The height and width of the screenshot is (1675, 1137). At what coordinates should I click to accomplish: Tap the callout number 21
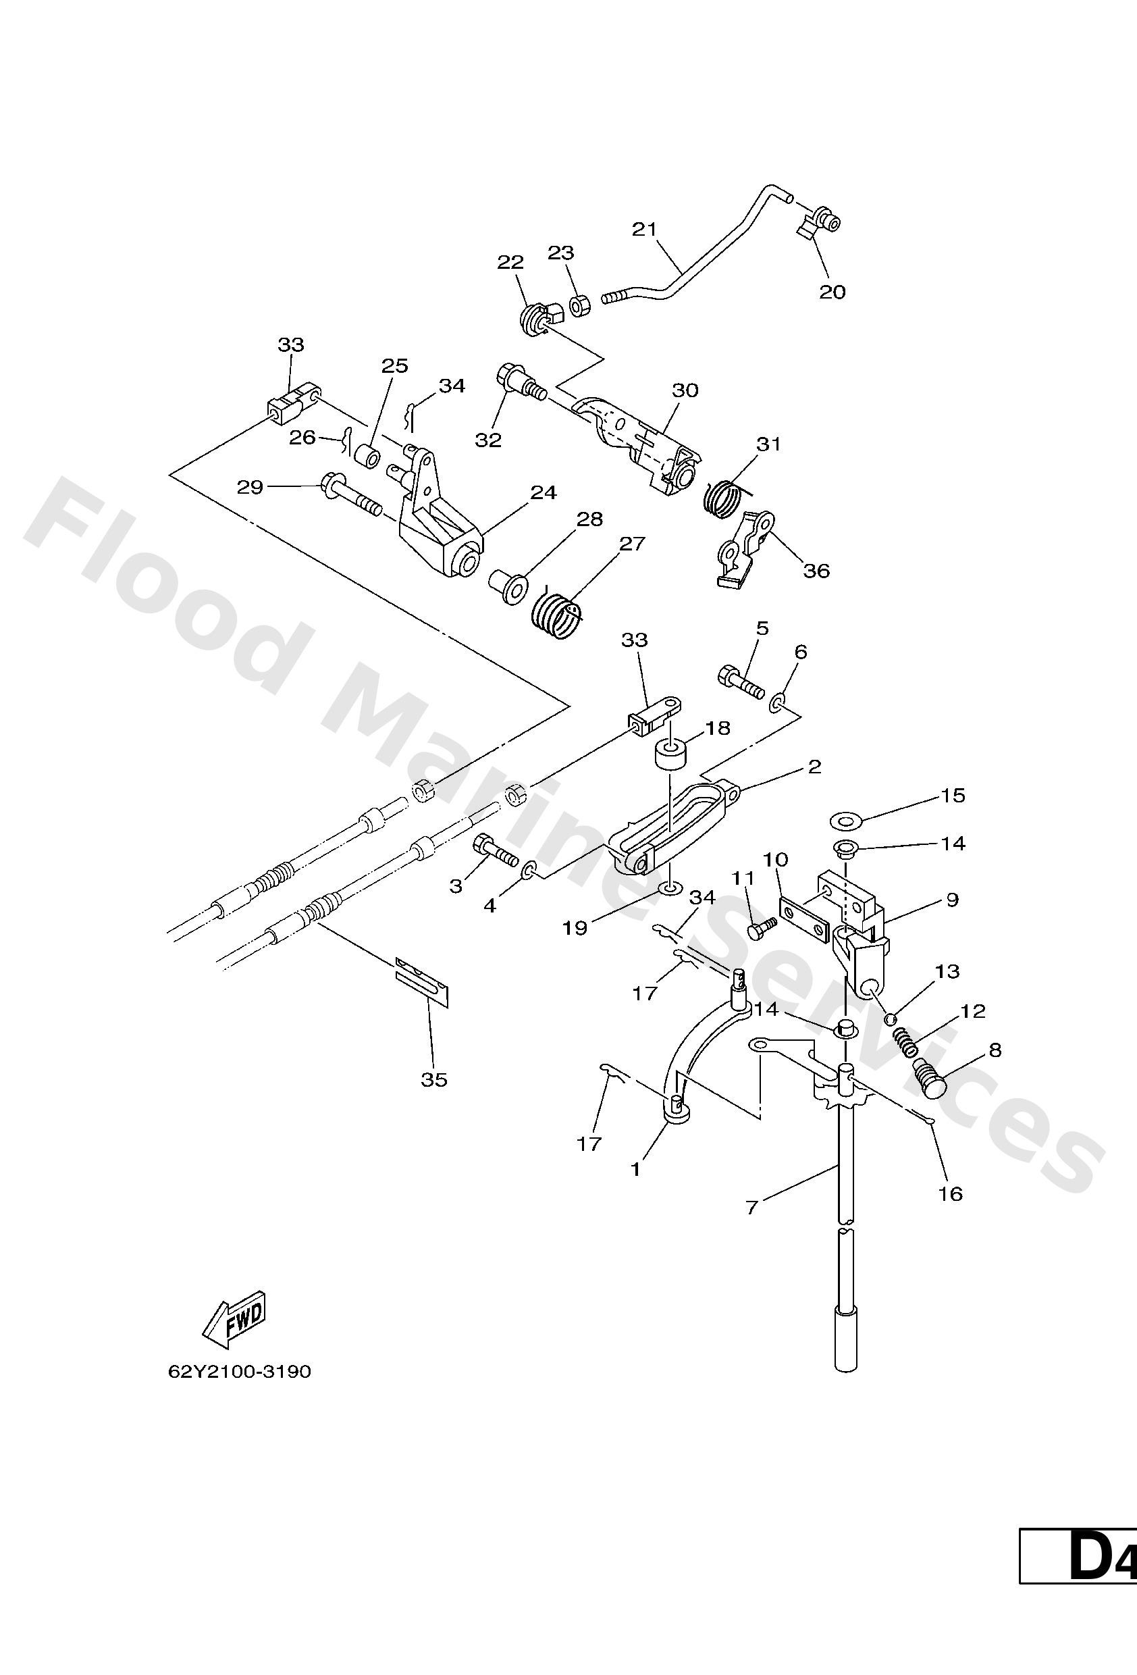point(644,229)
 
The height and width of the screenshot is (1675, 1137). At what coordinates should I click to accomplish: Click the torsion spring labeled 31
point(722,495)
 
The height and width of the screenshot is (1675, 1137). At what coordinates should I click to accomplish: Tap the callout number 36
point(816,570)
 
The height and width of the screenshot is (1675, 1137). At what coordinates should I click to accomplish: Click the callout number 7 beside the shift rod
point(751,1206)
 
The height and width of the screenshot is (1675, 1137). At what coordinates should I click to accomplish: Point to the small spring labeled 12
point(903,1040)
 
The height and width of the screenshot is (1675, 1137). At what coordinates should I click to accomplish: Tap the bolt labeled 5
point(739,680)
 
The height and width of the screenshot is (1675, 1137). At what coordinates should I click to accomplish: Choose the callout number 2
point(814,766)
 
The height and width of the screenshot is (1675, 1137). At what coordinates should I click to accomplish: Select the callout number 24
point(544,492)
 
